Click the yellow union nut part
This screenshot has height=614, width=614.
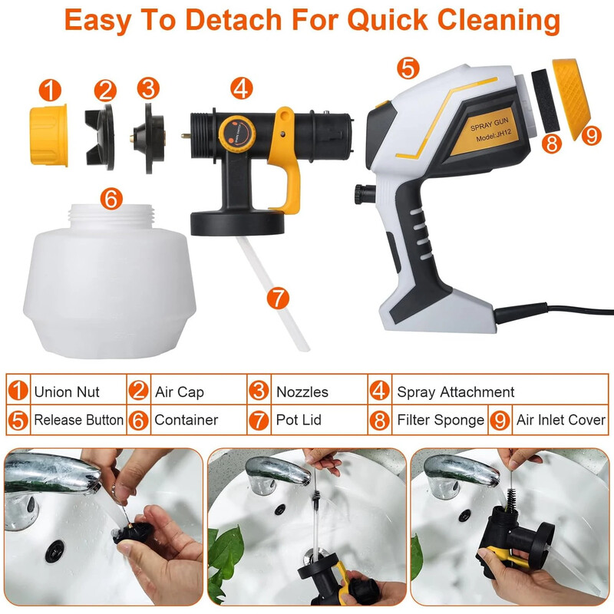coord(49,136)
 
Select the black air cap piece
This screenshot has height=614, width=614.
coord(101,137)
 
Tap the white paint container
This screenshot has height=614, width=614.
coord(109,281)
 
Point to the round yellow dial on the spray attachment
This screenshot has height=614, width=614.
coord(237,133)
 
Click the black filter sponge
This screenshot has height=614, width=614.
coord(545,101)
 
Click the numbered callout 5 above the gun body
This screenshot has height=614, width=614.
coord(408,68)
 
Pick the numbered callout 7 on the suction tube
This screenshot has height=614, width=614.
coord(278,298)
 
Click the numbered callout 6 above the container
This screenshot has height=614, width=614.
coord(111,199)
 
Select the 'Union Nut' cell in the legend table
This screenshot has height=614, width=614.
coord(67,391)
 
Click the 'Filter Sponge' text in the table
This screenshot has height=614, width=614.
coord(441,420)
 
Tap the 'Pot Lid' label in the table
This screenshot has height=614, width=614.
coord(299,420)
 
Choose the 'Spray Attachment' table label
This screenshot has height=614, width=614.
coord(455,392)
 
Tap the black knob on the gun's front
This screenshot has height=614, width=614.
coord(363,194)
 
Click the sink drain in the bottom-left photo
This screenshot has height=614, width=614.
coord(54,550)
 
